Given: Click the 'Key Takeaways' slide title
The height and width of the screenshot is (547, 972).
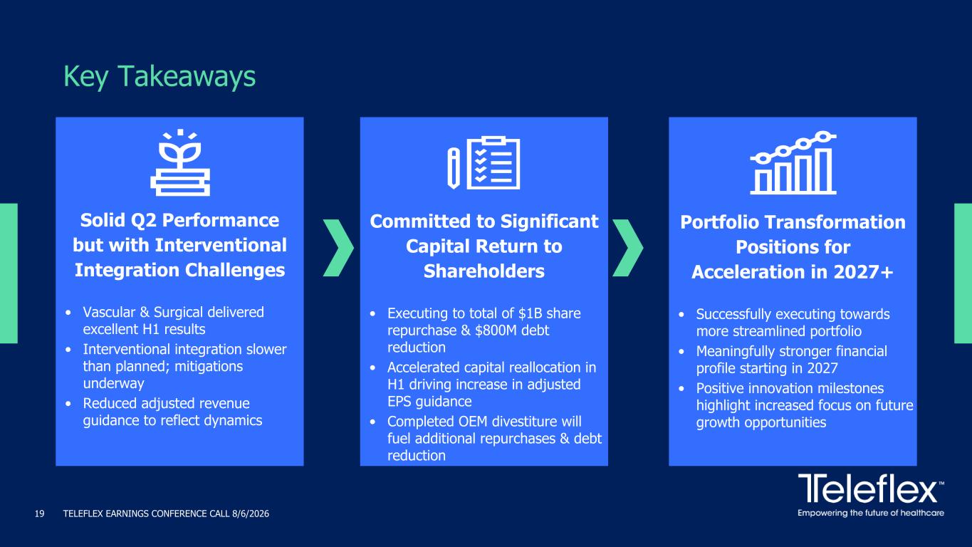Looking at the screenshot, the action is point(160,77).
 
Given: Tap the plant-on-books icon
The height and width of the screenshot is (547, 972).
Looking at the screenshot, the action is point(180,162).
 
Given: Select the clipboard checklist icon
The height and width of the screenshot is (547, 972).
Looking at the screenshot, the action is point(493,163).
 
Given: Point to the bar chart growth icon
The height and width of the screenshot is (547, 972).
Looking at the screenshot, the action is point(793,162).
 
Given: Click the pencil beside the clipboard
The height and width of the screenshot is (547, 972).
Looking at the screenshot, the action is point(454,168).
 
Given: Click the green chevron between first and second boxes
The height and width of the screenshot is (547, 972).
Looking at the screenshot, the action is point(338,248).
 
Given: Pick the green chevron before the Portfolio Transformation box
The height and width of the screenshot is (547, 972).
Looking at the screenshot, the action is point(627,248).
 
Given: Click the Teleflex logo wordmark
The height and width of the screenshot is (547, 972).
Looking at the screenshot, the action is point(868,489).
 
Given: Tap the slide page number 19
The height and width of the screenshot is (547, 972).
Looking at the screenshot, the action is point(39,514).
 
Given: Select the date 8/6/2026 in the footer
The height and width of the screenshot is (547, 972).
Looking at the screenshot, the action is point(251,514).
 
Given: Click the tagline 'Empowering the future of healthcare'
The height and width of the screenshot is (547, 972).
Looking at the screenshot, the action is point(871,513).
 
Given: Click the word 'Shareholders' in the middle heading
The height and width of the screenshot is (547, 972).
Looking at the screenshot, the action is point(484,271).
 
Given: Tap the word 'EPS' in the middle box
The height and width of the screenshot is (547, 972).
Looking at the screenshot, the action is point(399,402).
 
